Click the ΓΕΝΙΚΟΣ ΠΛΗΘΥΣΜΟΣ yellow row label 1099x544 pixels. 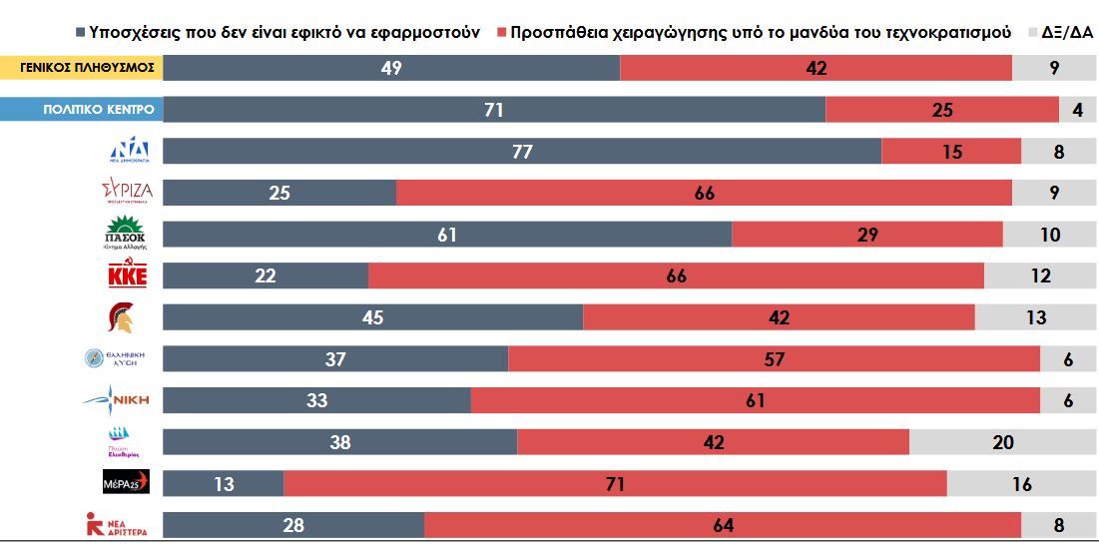[x=81, y=68]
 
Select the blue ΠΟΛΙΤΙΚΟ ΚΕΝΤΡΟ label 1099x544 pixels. [x=81, y=110]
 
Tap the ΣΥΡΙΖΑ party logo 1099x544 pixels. [x=127, y=192]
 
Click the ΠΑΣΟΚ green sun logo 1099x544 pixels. [x=126, y=231]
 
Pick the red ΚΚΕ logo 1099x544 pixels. [x=127, y=274]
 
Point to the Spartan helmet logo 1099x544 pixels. [x=121, y=317]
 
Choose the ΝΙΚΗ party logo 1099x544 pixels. [x=118, y=400]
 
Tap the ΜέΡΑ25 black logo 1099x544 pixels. [x=126, y=483]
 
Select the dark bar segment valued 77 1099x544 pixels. [x=522, y=152]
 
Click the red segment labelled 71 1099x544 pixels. [x=615, y=483]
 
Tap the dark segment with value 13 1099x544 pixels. [x=223, y=483]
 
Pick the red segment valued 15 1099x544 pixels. [x=951, y=152]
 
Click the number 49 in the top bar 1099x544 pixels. [x=391, y=68]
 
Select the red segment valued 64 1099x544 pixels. [x=723, y=525]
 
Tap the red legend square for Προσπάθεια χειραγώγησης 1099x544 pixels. [x=501, y=32]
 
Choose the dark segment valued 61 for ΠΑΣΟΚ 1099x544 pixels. [x=446, y=235]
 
